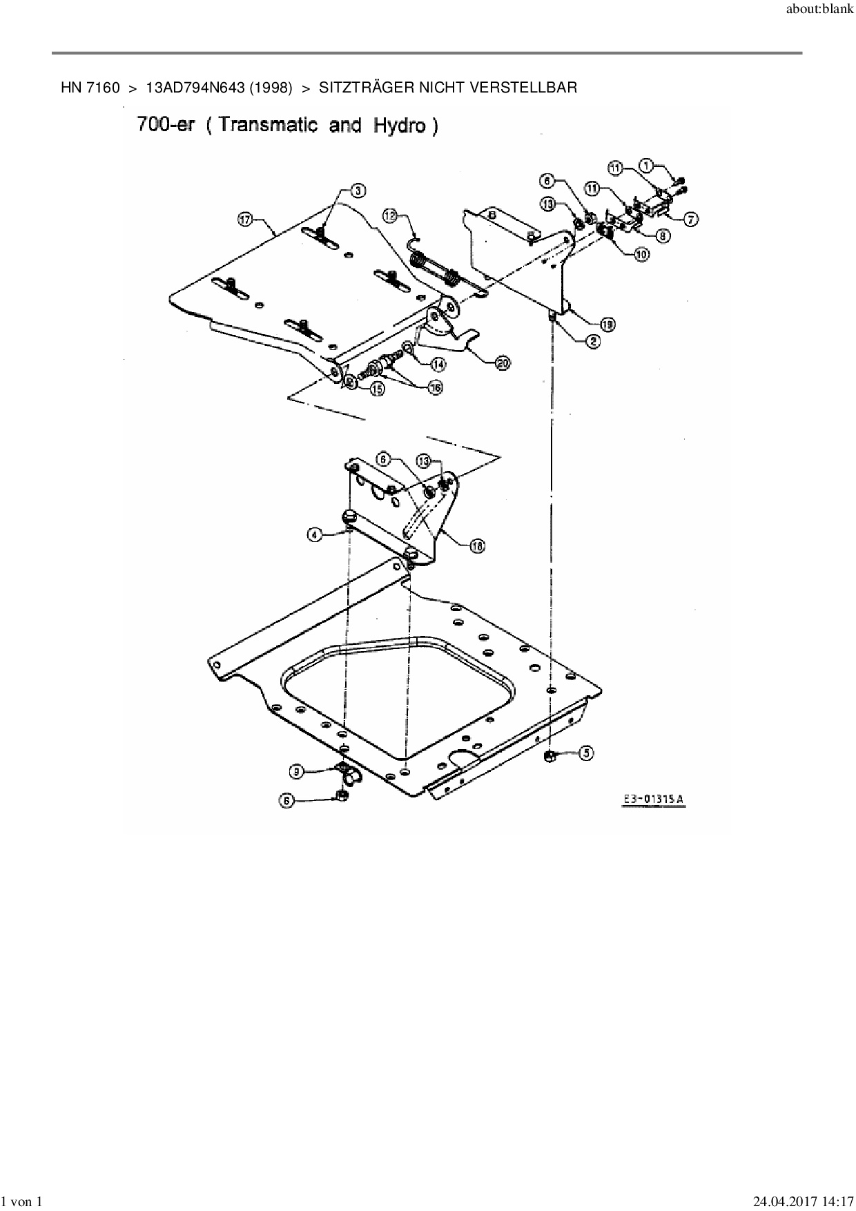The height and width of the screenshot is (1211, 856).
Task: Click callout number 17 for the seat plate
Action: (x=245, y=220)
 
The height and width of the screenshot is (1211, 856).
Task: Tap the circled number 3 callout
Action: (x=359, y=190)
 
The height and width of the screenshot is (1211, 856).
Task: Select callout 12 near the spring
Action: (x=391, y=216)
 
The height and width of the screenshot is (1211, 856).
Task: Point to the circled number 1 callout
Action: (x=646, y=166)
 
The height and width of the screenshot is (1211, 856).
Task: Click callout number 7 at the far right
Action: (x=690, y=220)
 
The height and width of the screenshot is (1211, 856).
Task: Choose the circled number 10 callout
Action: (x=641, y=254)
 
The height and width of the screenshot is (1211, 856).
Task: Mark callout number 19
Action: (x=607, y=324)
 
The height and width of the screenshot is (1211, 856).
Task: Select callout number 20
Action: (x=503, y=363)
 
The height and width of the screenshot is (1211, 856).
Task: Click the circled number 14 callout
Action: (x=438, y=363)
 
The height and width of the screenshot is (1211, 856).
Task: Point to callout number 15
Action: (x=377, y=389)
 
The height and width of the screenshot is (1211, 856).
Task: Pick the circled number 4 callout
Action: (x=315, y=534)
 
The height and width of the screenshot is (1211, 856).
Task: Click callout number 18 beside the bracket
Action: (x=477, y=546)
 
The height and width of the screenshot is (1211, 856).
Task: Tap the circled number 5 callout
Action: (x=585, y=753)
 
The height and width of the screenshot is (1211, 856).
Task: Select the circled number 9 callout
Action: (x=297, y=771)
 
